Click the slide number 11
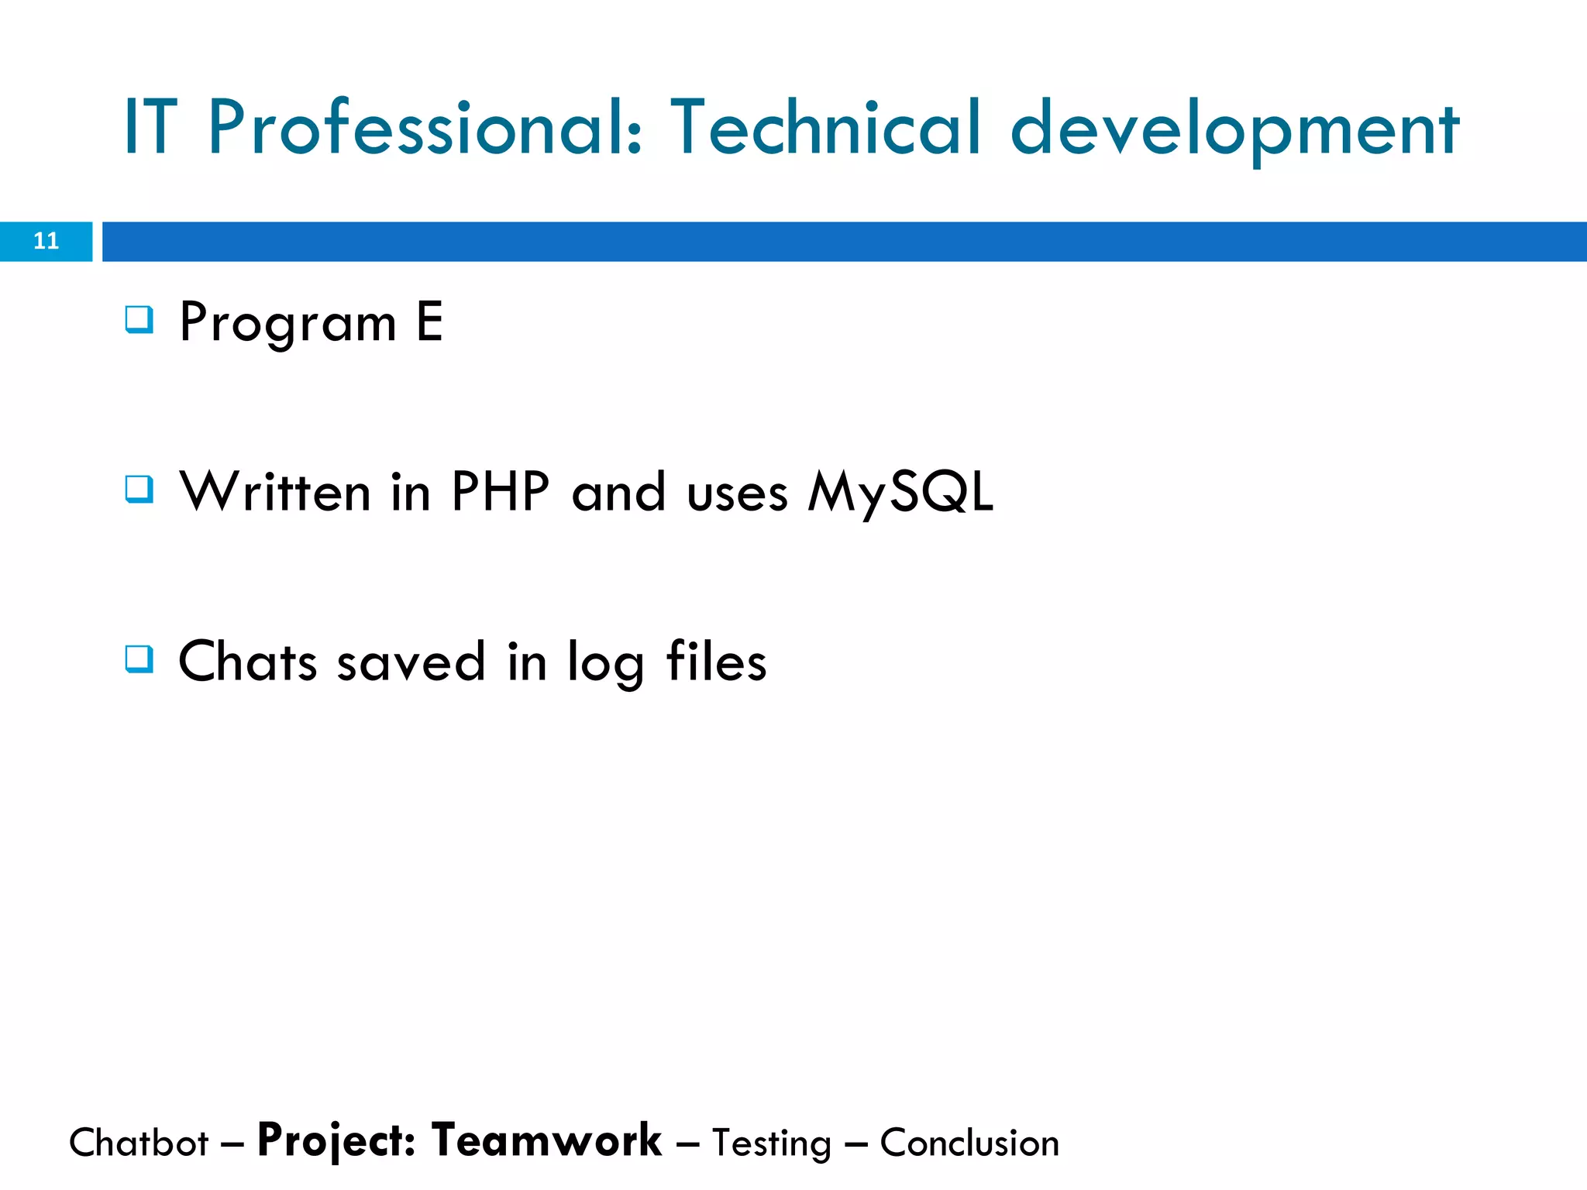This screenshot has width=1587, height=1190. [x=46, y=241]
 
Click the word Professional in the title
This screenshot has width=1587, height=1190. [x=425, y=128]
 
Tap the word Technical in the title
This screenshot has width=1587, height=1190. [x=826, y=128]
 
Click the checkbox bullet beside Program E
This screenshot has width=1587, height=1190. [x=139, y=319]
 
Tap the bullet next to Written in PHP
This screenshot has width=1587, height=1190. [x=139, y=490]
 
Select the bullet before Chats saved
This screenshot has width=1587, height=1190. [x=139, y=659]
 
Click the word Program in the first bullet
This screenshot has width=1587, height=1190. [x=287, y=323]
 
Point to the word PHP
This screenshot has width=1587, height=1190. [x=500, y=491]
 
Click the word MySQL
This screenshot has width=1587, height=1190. [x=900, y=493]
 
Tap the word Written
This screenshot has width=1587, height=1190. [x=275, y=491]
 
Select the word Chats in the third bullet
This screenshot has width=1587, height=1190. [x=248, y=662]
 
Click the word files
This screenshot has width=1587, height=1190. [x=716, y=662]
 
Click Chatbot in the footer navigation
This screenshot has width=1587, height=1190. [x=139, y=1143]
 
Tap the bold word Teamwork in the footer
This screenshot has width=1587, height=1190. [x=546, y=1140]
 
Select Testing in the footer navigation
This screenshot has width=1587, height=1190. [x=771, y=1144]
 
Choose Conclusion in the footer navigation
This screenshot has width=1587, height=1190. [x=969, y=1143]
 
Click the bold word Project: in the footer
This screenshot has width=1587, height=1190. [x=336, y=1141]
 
